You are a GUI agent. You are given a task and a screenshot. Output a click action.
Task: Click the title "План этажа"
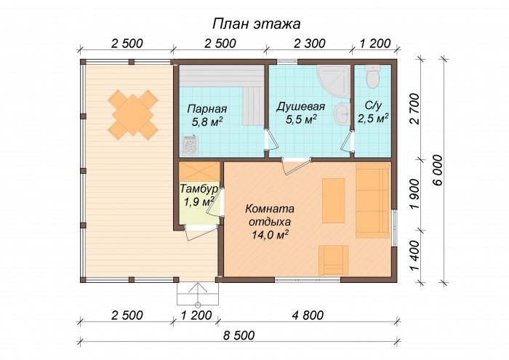(x=257, y=24)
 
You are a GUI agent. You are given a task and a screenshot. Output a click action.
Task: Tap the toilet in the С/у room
(x=372, y=76)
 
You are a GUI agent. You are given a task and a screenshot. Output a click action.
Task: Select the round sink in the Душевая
(x=342, y=114)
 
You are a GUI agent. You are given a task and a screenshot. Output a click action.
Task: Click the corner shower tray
(x=334, y=81)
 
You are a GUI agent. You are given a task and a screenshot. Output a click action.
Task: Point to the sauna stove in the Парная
(x=190, y=145)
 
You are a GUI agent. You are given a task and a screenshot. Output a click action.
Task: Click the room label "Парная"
(x=207, y=109)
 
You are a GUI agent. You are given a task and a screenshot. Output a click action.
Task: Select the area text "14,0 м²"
(x=270, y=235)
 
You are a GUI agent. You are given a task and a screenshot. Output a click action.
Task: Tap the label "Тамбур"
(x=199, y=188)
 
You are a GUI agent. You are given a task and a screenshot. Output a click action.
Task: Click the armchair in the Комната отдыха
(x=333, y=260)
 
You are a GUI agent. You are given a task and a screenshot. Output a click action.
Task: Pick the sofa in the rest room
(x=372, y=201)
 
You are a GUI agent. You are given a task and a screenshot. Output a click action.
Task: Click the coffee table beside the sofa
(x=333, y=201)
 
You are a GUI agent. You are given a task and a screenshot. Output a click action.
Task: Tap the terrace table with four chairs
(x=133, y=115)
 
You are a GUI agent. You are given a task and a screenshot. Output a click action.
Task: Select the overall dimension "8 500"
(x=239, y=335)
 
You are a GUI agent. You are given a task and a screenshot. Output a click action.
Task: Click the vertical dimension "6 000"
(x=438, y=170)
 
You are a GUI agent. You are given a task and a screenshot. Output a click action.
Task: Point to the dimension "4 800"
(x=308, y=315)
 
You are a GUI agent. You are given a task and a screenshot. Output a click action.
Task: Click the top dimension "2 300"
(x=309, y=44)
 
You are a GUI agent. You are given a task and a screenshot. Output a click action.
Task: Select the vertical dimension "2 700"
(x=415, y=109)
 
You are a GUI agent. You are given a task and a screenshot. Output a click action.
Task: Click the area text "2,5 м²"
(x=373, y=118)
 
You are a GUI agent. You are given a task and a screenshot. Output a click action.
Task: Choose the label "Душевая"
(x=300, y=106)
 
